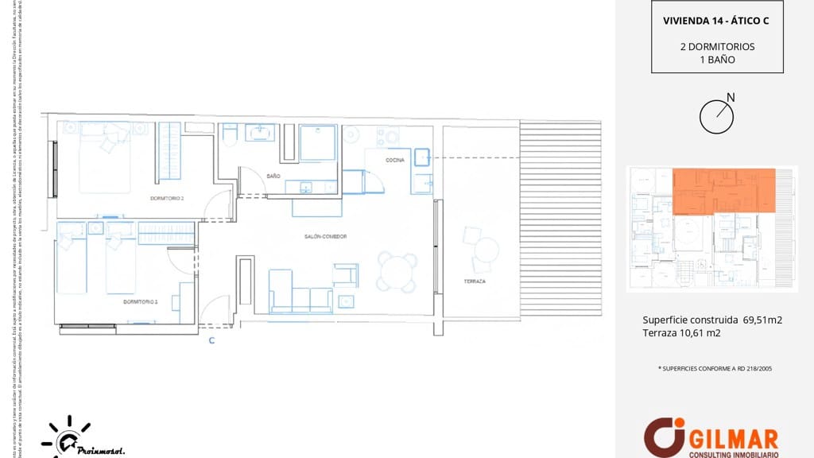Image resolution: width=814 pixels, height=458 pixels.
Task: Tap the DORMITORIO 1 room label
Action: pos(141,301)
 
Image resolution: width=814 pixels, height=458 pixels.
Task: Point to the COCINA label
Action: pos(395,160)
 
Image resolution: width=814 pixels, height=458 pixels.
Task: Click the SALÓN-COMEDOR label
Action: pos(325,236)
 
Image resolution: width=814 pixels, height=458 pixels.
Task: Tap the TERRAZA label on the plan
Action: pos(475,282)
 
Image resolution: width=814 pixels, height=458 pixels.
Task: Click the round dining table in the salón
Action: pos(397,272)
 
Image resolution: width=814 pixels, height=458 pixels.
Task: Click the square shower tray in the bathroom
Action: pos(318,142)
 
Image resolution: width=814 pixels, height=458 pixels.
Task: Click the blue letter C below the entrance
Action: pos(211,340)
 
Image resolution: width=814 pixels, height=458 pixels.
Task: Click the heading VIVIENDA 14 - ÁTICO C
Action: pos(716,21)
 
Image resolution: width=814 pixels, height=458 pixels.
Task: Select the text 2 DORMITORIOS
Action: pos(717,46)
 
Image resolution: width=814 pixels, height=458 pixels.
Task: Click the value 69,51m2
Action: pos(763,320)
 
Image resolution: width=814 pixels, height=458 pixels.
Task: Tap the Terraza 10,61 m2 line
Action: pos(681,333)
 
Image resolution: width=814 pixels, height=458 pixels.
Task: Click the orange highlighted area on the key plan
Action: pos(723,190)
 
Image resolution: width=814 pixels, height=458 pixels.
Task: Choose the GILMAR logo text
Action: pos(735,437)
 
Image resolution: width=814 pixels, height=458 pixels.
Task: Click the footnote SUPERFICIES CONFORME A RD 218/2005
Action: pos(716,369)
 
